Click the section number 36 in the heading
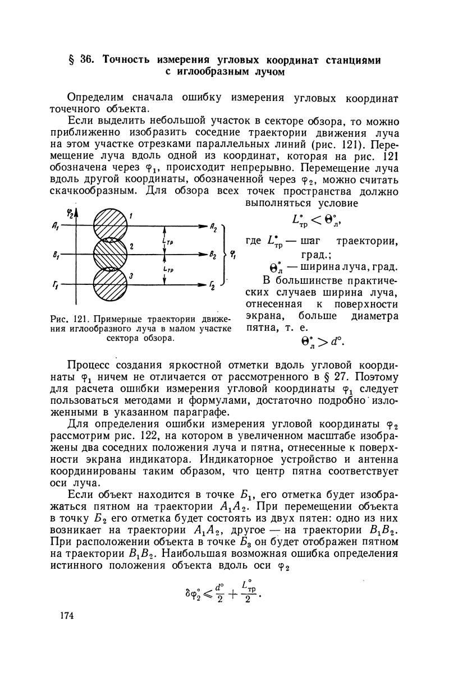pos(86,59)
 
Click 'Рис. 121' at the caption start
pos(83,320)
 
